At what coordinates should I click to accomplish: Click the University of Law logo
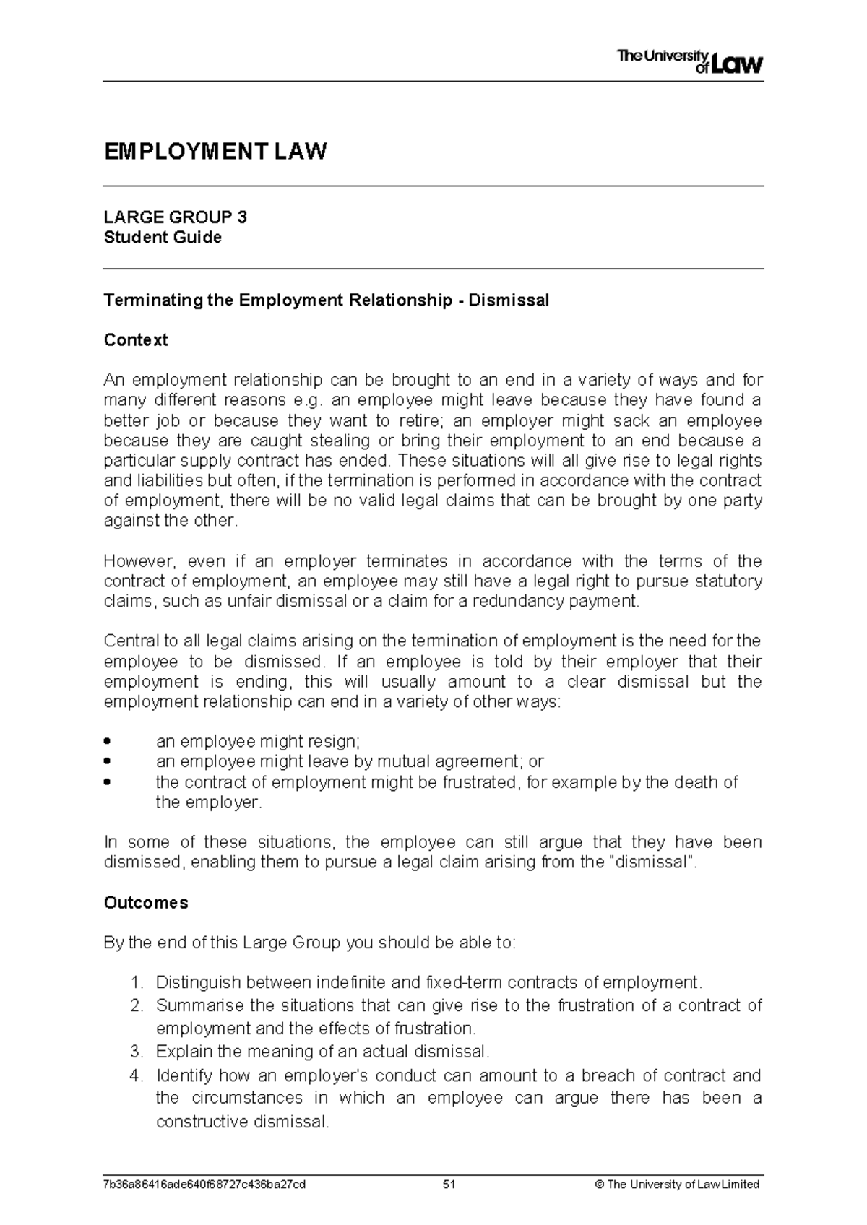coord(690,62)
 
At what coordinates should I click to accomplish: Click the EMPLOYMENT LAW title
coord(215,152)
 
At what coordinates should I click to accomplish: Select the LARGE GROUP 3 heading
coord(176,217)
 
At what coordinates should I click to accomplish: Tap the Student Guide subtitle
coord(163,238)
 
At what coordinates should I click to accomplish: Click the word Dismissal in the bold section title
coord(509,300)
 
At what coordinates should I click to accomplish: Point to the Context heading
coord(136,340)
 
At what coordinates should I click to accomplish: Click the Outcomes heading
coord(146,903)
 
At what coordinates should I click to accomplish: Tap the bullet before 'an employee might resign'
coord(108,741)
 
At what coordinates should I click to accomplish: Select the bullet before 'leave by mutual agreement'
coord(108,761)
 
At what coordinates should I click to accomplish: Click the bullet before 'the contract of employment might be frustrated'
coord(108,782)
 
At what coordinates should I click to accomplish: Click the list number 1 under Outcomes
coord(137,983)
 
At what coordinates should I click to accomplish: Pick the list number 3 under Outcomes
coord(137,1051)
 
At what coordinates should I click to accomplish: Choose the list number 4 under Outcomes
coord(137,1076)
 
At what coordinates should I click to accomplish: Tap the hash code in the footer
coord(204,1185)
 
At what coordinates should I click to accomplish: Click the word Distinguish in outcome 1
coord(197,983)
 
